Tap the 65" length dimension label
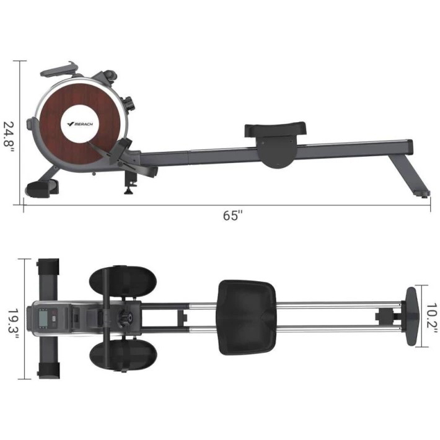tap(232, 216)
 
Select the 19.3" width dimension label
tap(12, 324)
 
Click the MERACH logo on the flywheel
tap(80, 124)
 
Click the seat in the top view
tap(247, 317)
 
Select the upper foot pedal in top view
tap(123, 283)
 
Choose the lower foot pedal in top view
tap(123, 356)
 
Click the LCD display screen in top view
tap(43, 318)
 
